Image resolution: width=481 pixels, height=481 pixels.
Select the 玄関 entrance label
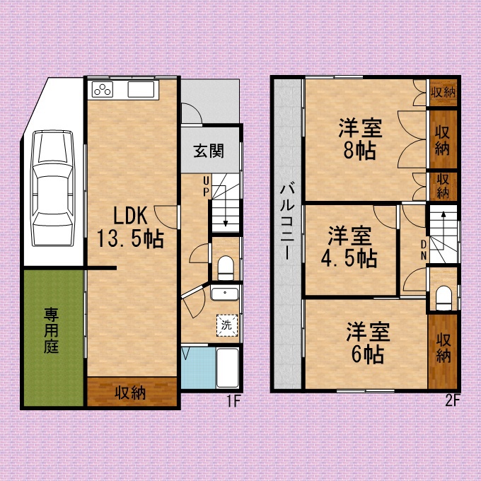(209, 151)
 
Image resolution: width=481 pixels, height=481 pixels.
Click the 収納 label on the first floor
(131, 392)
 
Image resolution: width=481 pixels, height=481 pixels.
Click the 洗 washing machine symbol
(226, 325)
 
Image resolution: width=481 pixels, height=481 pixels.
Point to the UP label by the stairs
(206, 185)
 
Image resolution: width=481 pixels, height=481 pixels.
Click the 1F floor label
(233, 402)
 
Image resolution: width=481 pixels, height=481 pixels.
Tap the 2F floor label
(453, 401)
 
